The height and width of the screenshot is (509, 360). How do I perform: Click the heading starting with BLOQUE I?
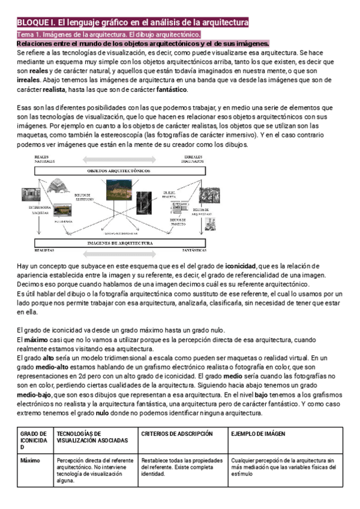132,22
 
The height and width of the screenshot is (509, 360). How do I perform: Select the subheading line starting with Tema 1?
109,35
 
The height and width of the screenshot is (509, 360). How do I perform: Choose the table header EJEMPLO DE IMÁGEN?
258,433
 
